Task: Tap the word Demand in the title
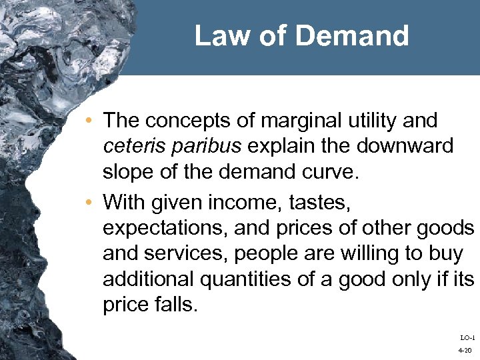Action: [357, 36]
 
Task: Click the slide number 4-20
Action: [465, 349]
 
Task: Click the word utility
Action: [375, 121]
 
